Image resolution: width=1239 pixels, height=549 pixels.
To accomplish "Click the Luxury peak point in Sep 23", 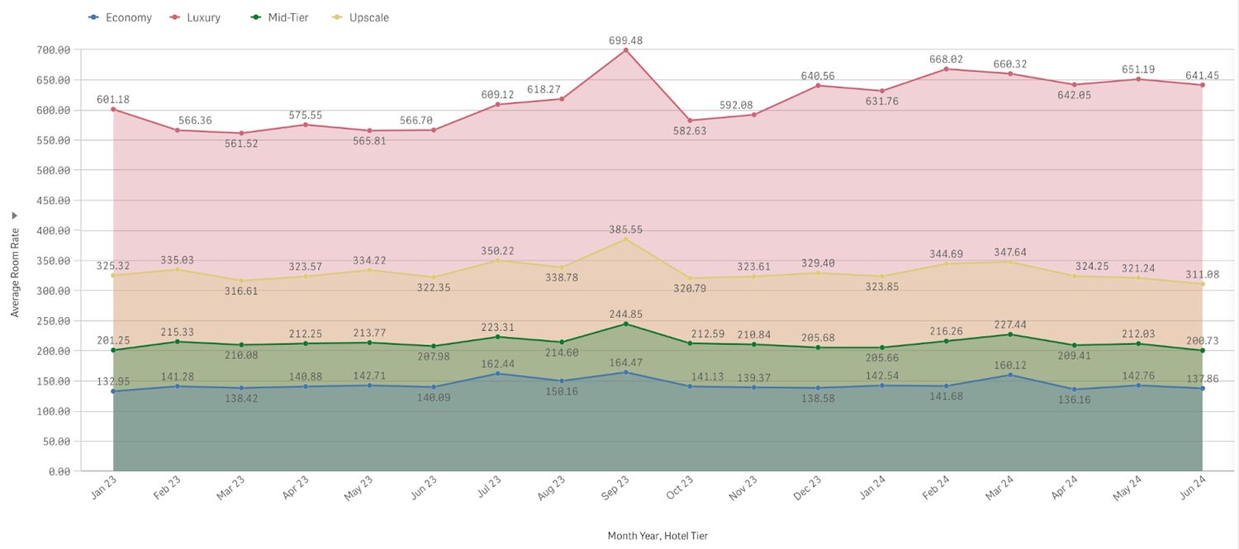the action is pos(625,50).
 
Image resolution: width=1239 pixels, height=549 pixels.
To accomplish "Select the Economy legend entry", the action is pos(120,17).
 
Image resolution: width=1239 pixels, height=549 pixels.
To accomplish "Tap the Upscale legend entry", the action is pos(360,17).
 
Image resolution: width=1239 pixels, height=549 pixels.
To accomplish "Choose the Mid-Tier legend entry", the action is pos(280,17).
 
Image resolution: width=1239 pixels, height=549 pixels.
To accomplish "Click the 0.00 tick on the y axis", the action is pos(59,471).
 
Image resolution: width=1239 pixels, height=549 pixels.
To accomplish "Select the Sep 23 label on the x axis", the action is pos(615,488).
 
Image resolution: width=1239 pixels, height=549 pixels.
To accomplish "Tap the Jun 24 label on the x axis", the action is pos(1192,488).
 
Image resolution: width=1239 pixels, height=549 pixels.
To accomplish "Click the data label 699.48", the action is pos(625,40).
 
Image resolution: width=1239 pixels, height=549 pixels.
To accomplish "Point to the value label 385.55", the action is pos(625,230).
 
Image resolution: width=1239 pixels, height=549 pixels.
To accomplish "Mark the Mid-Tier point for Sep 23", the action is pos(625,324).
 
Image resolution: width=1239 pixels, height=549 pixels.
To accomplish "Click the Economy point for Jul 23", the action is pos(498,374).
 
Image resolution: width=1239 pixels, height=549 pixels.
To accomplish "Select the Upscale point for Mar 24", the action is pos(1010,262).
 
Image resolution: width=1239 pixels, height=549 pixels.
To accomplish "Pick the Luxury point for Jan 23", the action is pos(113,110).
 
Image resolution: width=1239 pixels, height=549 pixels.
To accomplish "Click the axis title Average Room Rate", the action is pos(15,272).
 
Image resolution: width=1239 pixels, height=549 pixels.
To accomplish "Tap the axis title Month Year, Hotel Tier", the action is pos(657,536).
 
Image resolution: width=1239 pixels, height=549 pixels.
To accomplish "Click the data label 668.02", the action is pos(947,59).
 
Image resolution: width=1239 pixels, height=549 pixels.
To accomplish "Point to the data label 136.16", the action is pos(1074,400).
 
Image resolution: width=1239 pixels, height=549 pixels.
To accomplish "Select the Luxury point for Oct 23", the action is pos(690,121).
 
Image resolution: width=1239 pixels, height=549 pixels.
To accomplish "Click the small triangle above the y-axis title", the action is pos(15,215).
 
